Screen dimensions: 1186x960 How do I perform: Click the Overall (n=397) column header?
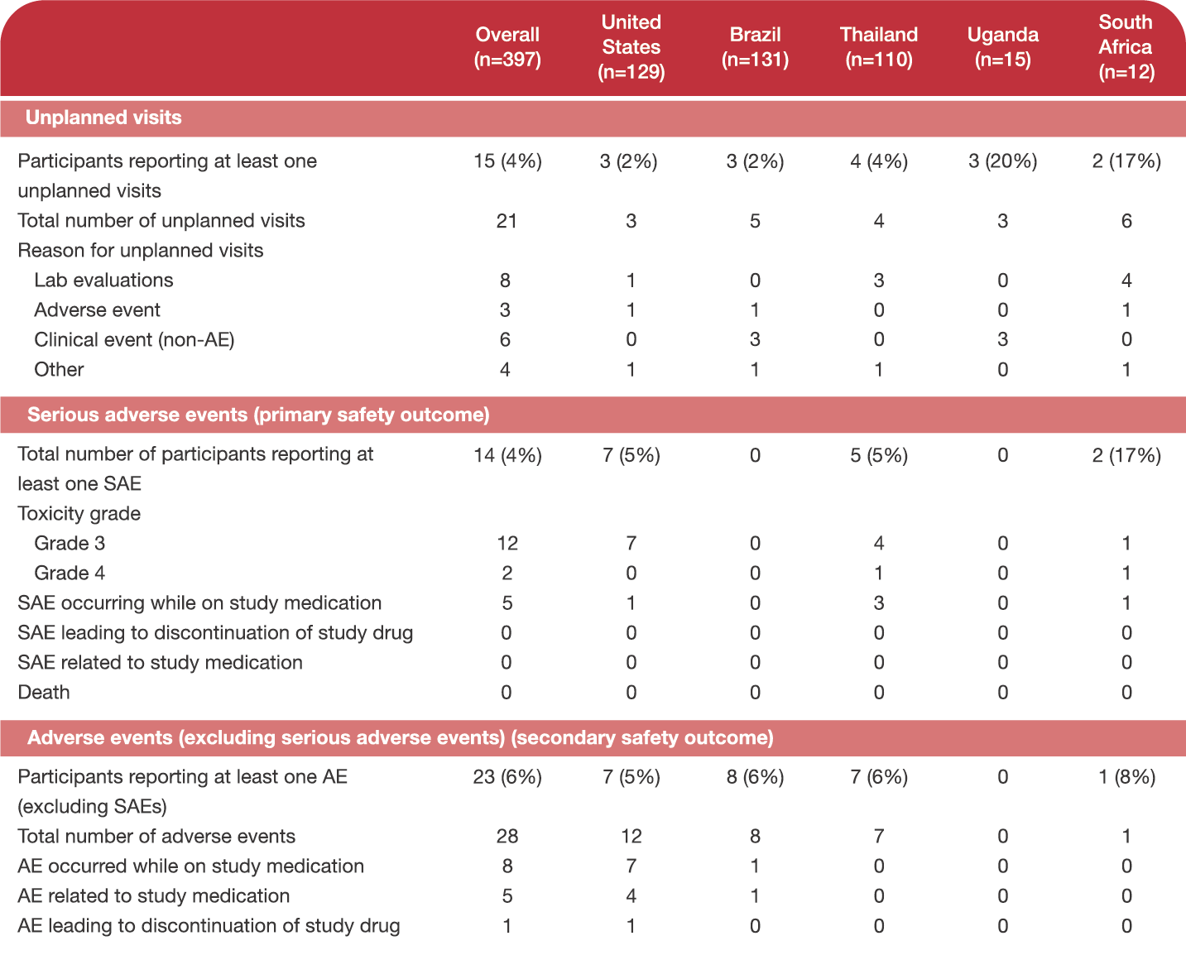pyautogui.click(x=507, y=47)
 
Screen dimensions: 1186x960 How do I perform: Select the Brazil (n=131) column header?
pyautogui.click(x=755, y=47)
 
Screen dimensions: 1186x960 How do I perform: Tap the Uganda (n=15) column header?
pyautogui.click(x=1003, y=47)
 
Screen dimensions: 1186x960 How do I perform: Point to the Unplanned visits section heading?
pyautogui.click(x=103, y=118)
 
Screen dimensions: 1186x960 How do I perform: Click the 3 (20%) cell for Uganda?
pyautogui.click(x=1003, y=161)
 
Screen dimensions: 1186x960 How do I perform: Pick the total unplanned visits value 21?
pyautogui.click(x=507, y=221)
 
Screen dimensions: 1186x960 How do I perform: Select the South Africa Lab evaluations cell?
pyautogui.click(x=1126, y=280)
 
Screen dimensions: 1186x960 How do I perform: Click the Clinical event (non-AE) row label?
pyautogui.click(x=134, y=339)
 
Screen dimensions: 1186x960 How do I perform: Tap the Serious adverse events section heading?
pyautogui.click(x=258, y=415)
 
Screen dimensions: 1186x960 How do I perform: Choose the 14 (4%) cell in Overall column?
pyautogui.click(x=507, y=455)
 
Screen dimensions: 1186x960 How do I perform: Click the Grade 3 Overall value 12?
pyautogui.click(x=507, y=543)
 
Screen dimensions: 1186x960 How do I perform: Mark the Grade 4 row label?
pyautogui.click(x=70, y=573)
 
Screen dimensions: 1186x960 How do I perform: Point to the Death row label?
pyautogui.click(x=44, y=692)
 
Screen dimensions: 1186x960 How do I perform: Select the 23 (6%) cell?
pyautogui.click(x=507, y=777)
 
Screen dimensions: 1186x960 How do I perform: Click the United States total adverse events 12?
pyautogui.click(x=631, y=837)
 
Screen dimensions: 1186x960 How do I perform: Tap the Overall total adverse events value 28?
pyautogui.click(x=507, y=837)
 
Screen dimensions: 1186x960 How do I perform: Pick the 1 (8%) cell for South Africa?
pyautogui.click(x=1126, y=777)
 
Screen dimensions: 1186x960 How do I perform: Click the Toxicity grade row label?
pyautogui.click(x=79, y=513)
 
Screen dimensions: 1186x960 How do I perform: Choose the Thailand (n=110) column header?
pyautogui.click(x=879, y=47)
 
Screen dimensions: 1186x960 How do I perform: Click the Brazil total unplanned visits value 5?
pyautogui.click(x=755, y=221)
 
